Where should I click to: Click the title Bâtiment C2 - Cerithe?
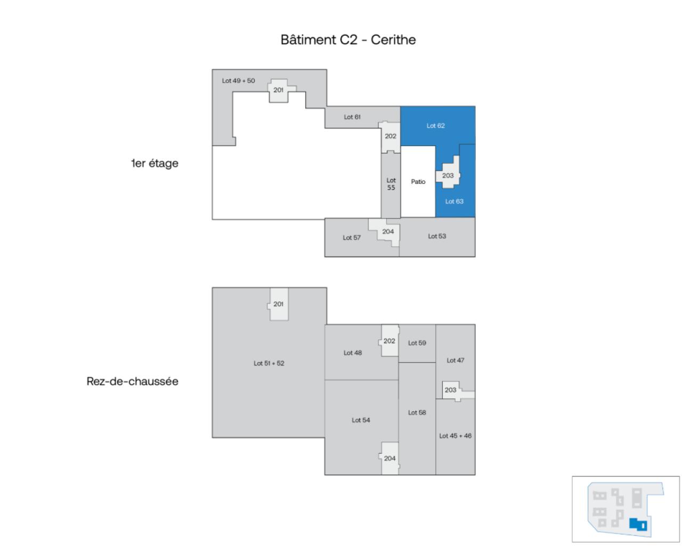[x=348, y=40]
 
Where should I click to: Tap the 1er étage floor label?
[x=155, y=164]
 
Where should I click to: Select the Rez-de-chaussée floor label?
[x=132, y=381]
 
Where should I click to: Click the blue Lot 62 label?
[x=435, y=126]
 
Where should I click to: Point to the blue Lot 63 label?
[x=454, y=201]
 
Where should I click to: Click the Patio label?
[x=418, y=182]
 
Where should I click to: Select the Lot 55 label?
[x=391, y=184]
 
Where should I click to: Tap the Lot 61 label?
[x=352, y=117]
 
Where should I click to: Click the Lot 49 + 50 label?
[x=238, y=81]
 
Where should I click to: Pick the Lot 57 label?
[x=351, y=238]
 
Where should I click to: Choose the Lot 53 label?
[x=437, y=236]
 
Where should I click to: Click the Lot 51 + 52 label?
[x=269, y=363]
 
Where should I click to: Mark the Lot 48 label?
[x=352, y=353]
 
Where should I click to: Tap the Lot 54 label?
[x=361, y=420]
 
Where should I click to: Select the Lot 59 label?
[x=417, y=343]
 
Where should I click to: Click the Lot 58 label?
[x=417, y=412]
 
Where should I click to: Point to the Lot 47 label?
[x=455, y=361]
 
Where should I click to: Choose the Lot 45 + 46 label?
[x=455, y=436]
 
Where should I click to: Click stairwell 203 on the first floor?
[x=448, y=176]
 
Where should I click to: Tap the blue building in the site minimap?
[x=637, y=524]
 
